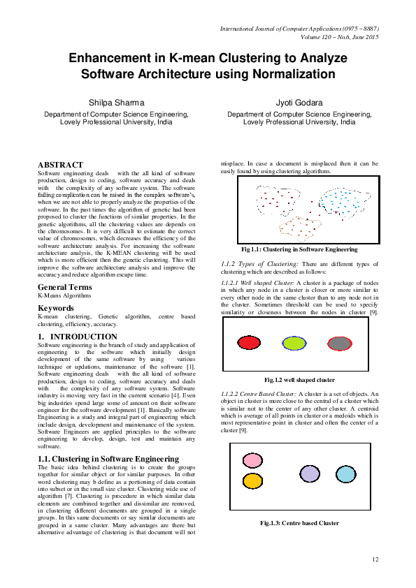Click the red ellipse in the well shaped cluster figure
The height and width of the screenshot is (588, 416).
[249, 343]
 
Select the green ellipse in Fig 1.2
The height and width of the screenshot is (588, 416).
[294, 343]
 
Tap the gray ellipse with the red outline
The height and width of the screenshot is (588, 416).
[339, 343]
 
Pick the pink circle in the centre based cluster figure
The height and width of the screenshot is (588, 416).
[252, 461]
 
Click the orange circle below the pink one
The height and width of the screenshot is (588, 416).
[252, 480]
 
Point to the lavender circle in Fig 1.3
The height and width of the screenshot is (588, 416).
[310, 473]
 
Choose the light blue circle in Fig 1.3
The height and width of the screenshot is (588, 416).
[346, 474]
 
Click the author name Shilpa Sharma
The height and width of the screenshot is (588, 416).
[116, 102]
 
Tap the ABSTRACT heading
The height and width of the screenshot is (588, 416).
[60, 164]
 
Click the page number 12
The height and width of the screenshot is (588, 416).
[375, 559]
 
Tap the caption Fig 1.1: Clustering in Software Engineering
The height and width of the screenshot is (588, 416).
[299, 249]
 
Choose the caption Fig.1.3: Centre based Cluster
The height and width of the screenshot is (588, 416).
[299, 522]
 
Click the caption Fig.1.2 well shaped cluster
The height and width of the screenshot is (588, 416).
[299, 380]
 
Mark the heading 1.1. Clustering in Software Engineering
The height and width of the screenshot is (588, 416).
[108, 459]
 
